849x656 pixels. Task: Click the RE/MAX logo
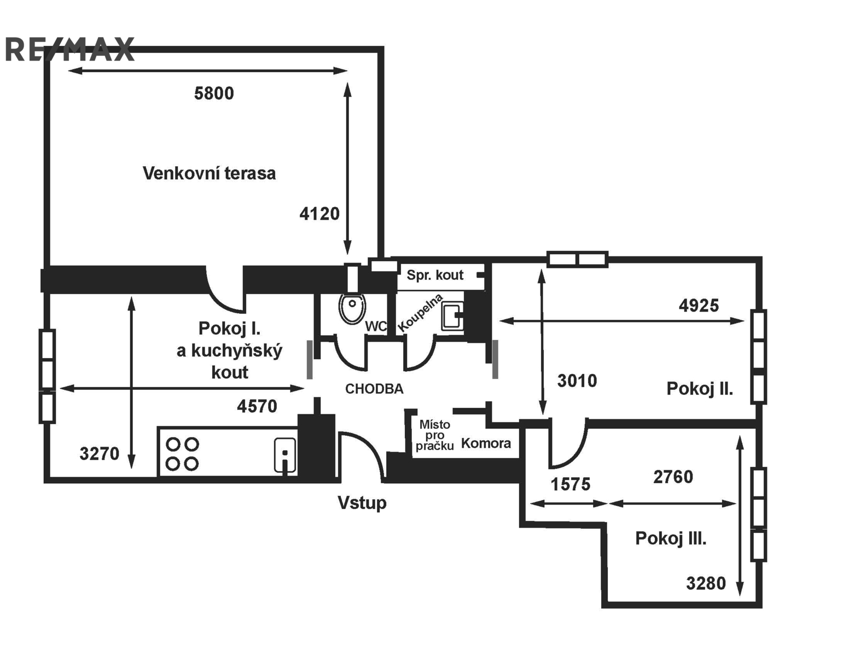tap(69, 50)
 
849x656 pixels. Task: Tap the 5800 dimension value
tap(214, 93)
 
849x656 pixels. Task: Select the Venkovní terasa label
tap(209, 173)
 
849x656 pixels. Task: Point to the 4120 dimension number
tap(319, 213)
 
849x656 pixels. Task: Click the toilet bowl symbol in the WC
tap(352, 308)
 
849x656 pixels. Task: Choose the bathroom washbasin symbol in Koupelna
tap(452, 317)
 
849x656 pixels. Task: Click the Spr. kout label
tap(435, 275)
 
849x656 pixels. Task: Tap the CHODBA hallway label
tap(374, 389)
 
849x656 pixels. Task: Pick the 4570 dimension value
tap(257, 406)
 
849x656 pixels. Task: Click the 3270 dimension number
tap(100, 453)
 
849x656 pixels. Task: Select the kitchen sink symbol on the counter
tap(284, 454)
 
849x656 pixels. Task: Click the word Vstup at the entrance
tap(362, 502)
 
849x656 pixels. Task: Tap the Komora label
tap(486, 443)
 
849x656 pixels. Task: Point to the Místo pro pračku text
tap(435, 435)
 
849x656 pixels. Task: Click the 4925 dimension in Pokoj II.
tap(699, 305)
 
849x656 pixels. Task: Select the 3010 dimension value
tap(577, 380)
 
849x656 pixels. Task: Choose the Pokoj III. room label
tap(671, 538)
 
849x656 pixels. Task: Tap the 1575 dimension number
tap(571, 484)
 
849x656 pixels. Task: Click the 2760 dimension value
tap(673, 477)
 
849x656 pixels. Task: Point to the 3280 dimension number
tap(706, 583)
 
